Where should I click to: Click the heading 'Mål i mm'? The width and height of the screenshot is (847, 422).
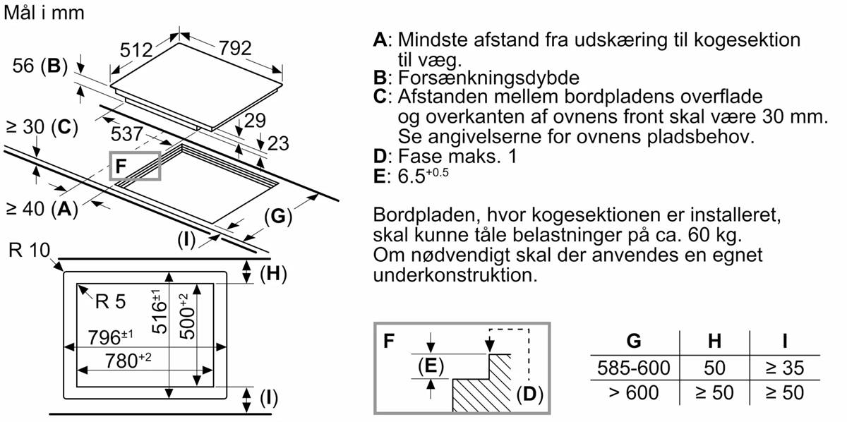(x=44, y=13)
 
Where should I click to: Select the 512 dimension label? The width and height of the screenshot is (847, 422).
(x=137, y=50)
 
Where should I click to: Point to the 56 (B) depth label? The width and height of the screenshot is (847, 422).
(x=40, y=67)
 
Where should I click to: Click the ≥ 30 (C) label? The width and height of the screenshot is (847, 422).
(x=40, y=128)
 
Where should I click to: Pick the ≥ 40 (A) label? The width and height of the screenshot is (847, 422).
(x=41, y=208)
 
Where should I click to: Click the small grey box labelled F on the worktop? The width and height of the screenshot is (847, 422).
(x=136, y=167)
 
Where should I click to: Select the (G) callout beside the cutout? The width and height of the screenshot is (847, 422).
(x=278, y=217)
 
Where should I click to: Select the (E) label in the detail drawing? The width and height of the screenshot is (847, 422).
(x=430, y=366)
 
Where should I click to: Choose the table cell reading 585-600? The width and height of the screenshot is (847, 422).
(x=633, y=368)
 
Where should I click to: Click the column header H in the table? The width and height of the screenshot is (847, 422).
(x=714, y=342)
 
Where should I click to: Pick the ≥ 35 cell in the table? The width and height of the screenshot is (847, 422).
(x=784, y=368)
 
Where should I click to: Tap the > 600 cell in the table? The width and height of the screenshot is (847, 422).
(x=633, y=392)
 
